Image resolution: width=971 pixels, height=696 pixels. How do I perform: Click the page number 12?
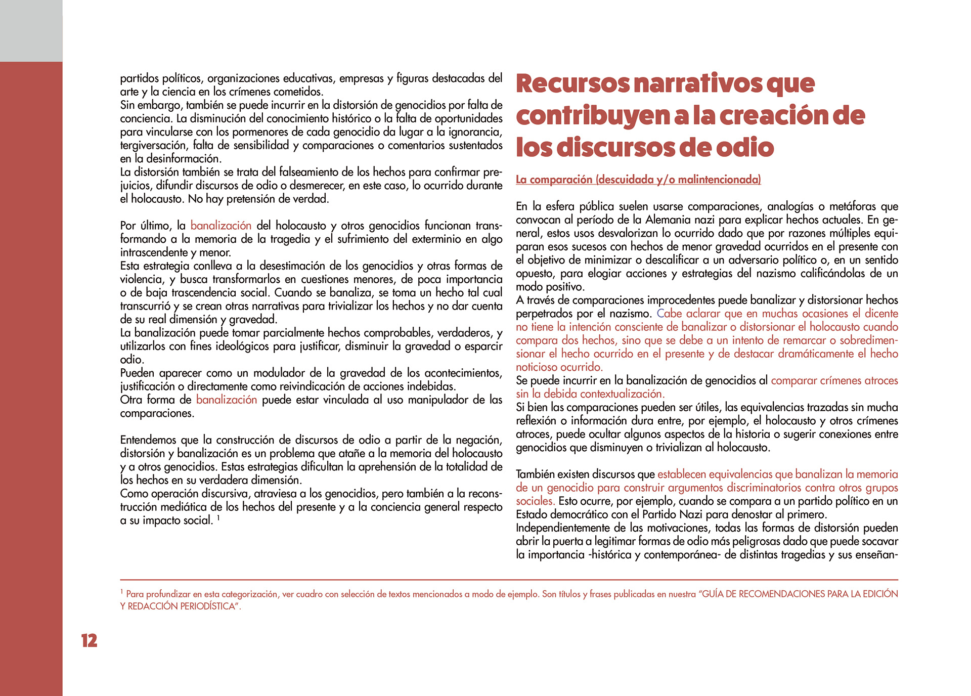click(89, 641)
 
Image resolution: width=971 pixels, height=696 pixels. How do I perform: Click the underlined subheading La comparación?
click(638, 180)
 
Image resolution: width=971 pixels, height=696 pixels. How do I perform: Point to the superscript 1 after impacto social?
click(218, 517)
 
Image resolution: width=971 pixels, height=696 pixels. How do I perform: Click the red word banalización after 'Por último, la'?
click(221, 226)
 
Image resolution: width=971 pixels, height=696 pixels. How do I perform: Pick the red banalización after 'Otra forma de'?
click(227, 400)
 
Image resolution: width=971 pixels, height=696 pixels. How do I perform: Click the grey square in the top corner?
click(31, 30)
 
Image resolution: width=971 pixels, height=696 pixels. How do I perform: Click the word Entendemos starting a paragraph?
click(147, 440)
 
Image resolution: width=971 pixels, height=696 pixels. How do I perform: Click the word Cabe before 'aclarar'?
click(669, 314)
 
